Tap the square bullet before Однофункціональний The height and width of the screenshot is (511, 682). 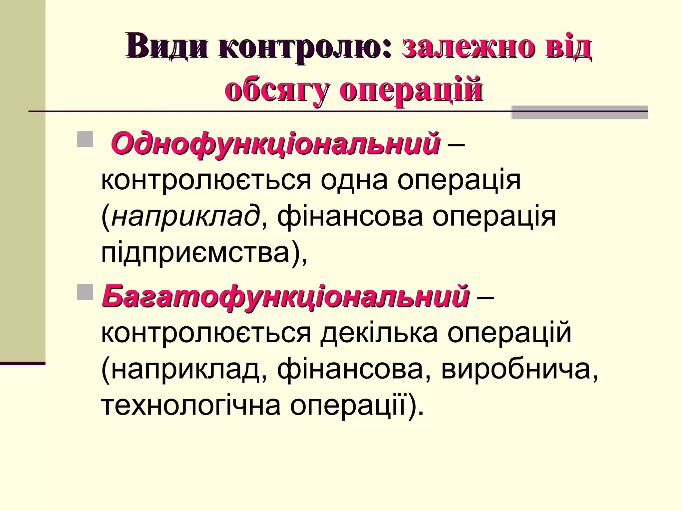pyautogui.click(x=85, y=139)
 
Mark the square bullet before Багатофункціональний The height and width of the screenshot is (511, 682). pyautogui.click(x=85, y=292)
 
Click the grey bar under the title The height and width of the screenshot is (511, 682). pyautogui.click(x=579, y=113)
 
